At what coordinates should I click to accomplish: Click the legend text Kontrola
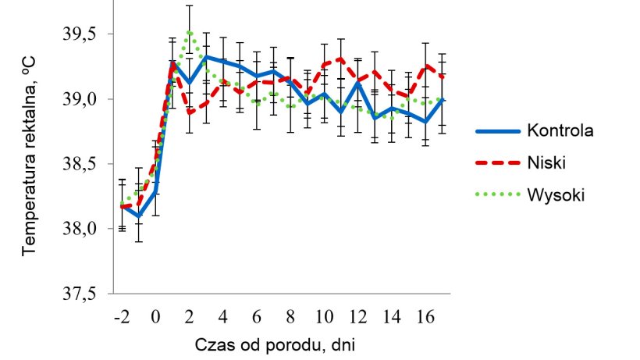click(x=560, y=130)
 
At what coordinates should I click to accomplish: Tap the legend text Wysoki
click(x=555, y=194)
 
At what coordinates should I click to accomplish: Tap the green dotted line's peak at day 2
click(x=189, y=32)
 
